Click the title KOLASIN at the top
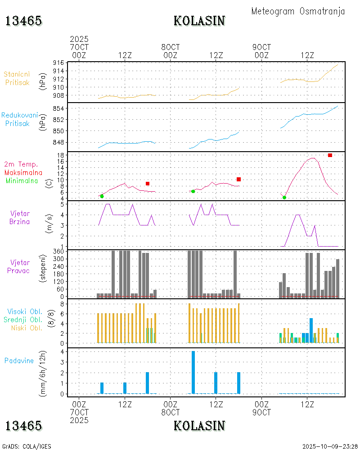click(x=199, y=21)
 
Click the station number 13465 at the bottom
click(x=23, y=425)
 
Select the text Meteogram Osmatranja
click(x=298, y=11)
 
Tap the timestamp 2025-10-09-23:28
click(x=330, y=446)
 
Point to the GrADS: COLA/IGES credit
click(x=27, y=446)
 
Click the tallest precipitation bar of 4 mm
click(x=193, y=372)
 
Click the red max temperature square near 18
click(x=330, y=155)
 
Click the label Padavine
click(x=19, y=360)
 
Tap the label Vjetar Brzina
click(x=20, y=217)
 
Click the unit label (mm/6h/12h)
click(x=44, y=371)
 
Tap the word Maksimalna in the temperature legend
click(x=23, y=172)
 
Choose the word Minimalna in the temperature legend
click(x=22, y=180)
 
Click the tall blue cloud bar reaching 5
click(x=311, y=331)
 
